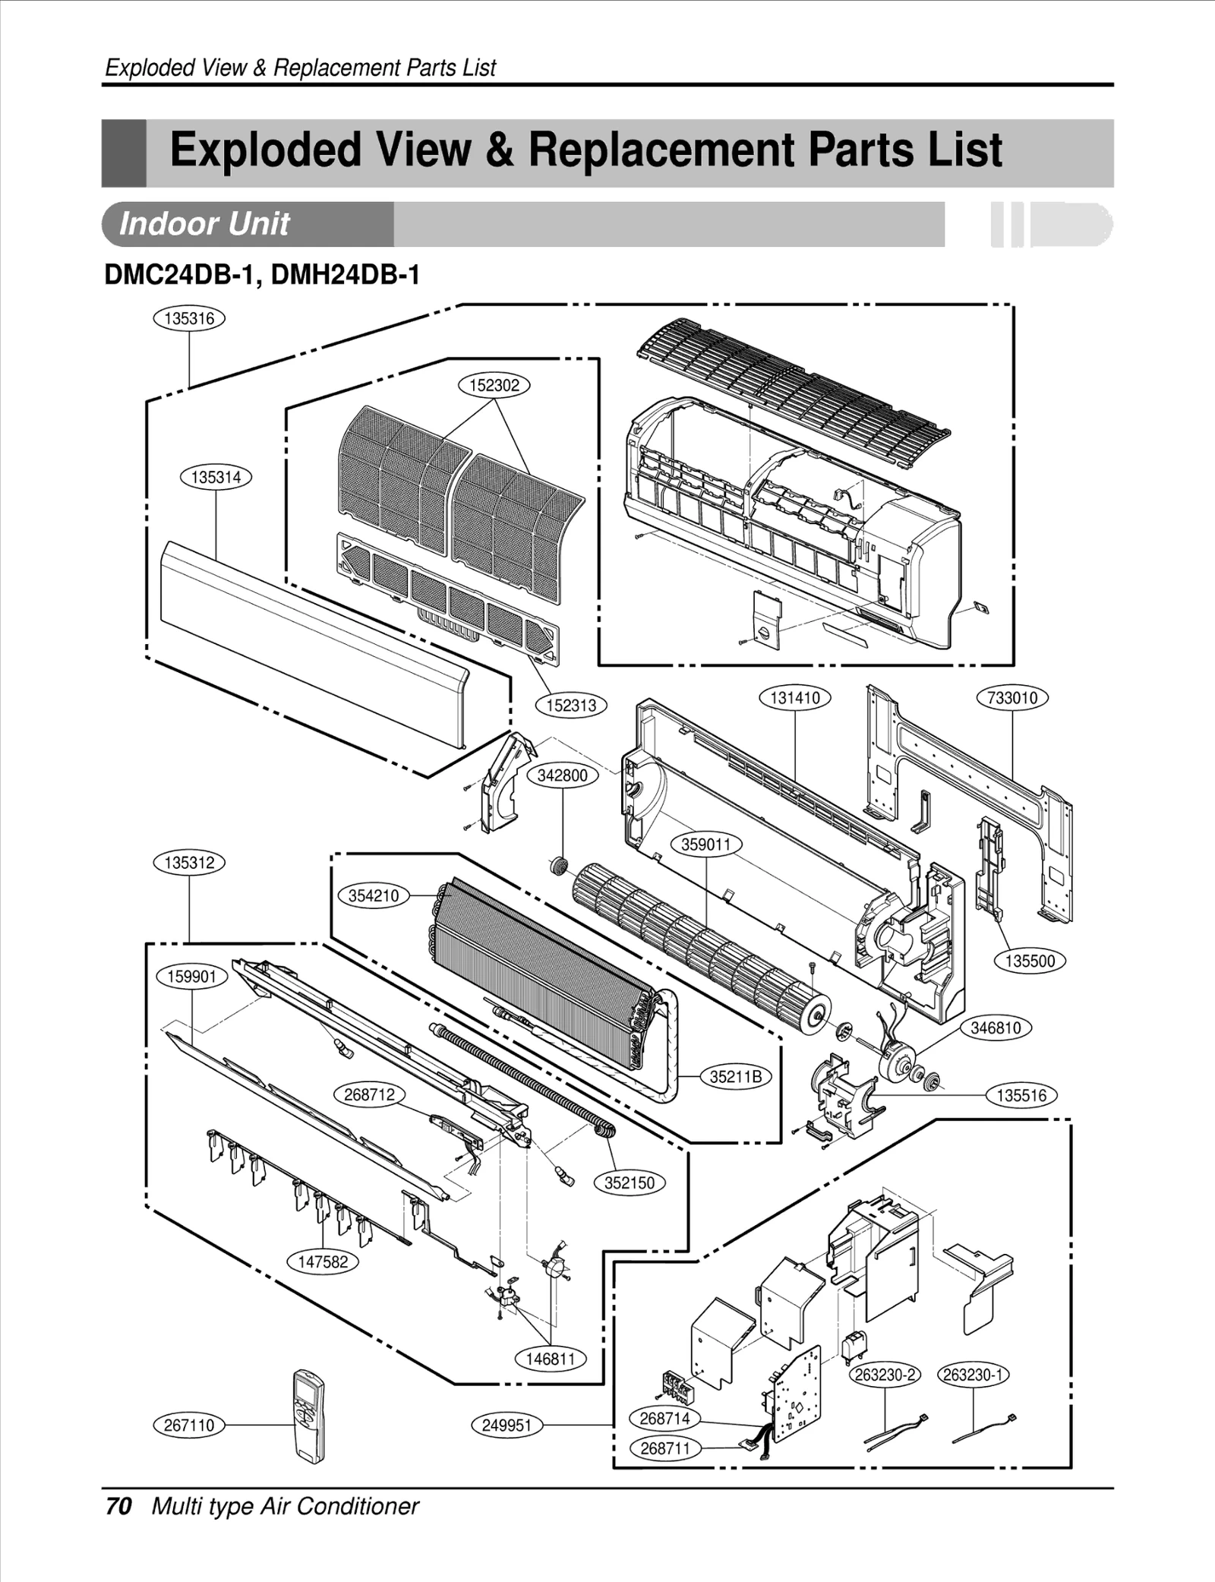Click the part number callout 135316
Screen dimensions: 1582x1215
tap(189, 318)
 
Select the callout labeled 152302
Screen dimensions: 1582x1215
tap(494, 385)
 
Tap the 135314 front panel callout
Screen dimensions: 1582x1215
tap(216, 477)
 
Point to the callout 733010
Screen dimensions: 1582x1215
tap(1011, 698)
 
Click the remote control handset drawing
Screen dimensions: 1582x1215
tap(308, 1416)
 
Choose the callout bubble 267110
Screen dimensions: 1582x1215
tap(189, 1425)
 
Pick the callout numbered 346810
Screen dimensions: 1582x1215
tap(996, 1028)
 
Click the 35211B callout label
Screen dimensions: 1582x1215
tap(735, 1076)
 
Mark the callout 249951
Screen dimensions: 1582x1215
tap(507, 1425)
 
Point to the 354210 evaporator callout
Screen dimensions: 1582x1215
tap(373, 895)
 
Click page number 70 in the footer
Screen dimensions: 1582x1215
tap(119, 1506)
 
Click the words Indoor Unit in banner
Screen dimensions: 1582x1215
tap(204, 224)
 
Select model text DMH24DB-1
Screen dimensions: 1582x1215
tap(345, 275)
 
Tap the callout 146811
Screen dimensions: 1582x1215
tap(551, 1359)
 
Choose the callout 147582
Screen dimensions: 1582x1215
tap(323, 1261)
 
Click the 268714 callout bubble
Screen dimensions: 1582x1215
tap(664, 1418)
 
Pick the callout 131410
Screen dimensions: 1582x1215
tap(794, 698)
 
